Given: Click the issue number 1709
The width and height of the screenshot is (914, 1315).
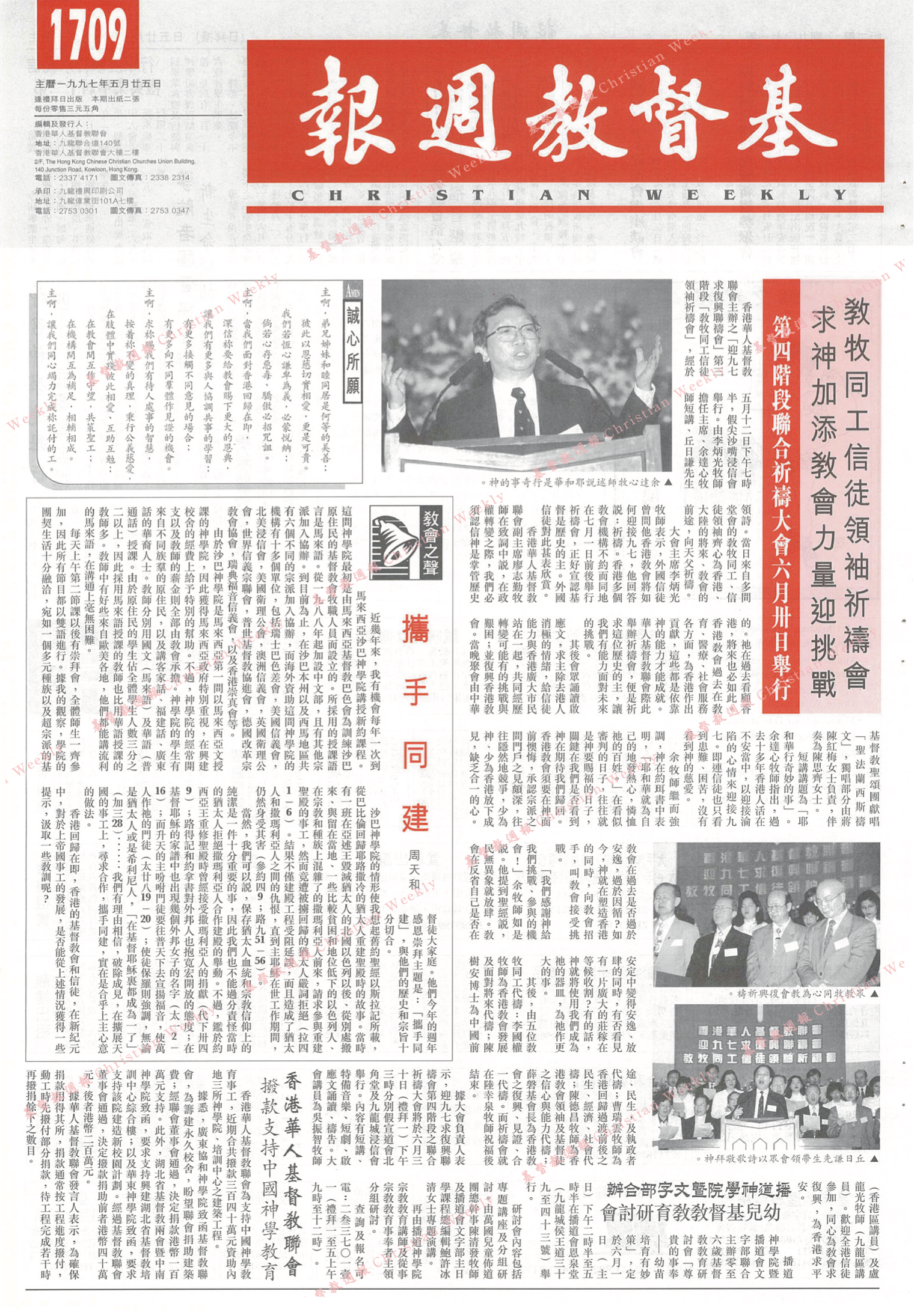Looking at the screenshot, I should tap(88, 36).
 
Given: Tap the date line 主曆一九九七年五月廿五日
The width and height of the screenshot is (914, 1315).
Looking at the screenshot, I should tap(98, 85).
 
